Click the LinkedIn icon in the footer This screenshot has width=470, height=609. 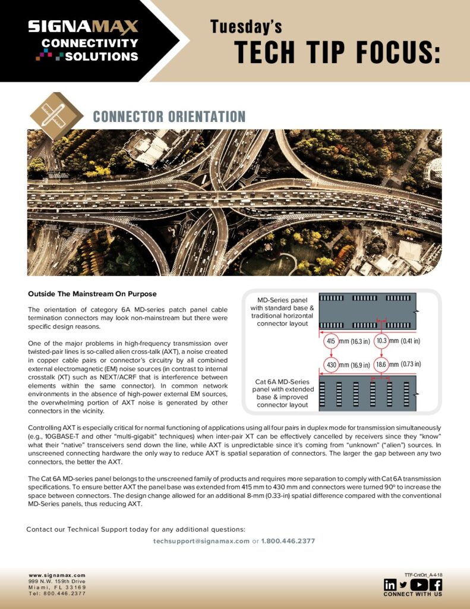coord(390,585)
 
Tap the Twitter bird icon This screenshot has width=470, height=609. coord(403,585)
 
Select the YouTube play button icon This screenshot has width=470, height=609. coord(419,585)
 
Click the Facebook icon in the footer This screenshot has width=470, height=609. coord(436,585)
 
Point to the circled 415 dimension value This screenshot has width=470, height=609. coord(330,341)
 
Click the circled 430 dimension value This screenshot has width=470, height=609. coord(330,364)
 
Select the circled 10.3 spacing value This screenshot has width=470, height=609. coord(381,341)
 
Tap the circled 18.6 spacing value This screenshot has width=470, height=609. coord(381,364)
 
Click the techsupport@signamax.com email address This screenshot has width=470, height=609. coord(201,541)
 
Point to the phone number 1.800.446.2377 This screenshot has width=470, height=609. coord(288,541)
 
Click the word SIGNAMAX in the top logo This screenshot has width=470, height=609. coord(83,27)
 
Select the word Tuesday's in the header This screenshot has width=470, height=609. coord(246,27)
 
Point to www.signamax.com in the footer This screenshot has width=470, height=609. coord(57,576)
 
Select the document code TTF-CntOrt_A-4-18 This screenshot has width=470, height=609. coord(423,575)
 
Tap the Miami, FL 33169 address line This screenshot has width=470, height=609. coord(57,588)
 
